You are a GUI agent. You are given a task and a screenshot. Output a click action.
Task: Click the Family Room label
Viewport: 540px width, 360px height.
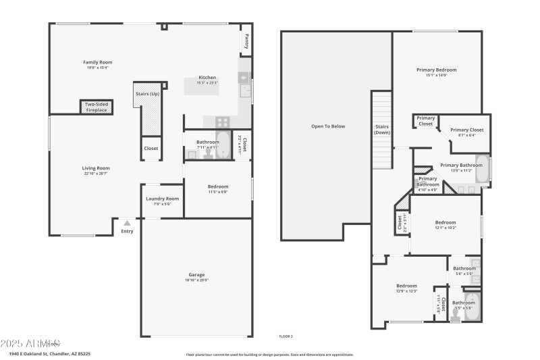click(x=97, y=62)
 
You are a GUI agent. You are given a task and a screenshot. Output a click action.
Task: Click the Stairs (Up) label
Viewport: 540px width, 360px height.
click(x=148, y=93)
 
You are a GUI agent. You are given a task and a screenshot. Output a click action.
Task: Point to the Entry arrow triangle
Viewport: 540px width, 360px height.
click(x=127, y=223)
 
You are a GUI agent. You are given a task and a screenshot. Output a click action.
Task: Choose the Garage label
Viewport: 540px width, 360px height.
click(x=196, y=274)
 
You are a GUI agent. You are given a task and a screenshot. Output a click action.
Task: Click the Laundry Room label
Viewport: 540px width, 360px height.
click(x=163, y=199)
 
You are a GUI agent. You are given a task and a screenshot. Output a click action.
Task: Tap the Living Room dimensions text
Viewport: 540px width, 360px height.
click(x=97, y=174)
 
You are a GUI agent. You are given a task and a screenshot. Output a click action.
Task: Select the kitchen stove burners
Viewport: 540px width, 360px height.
click(x=223, y=122)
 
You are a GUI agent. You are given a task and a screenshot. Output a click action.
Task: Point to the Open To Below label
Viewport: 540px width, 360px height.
click(x=328, y=126)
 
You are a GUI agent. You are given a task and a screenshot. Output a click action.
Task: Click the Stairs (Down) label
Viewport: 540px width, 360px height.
click(x=382, y=129)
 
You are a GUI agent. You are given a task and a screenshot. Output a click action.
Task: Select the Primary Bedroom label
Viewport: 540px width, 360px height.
click(x=436, y=70)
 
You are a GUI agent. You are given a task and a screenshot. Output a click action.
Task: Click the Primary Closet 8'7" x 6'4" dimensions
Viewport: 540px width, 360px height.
click(x=467, y=135)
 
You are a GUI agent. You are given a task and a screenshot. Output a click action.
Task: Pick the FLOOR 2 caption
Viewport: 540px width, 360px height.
click(x=286, y=336)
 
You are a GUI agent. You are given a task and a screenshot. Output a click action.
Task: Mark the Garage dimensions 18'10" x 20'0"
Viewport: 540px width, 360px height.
click(x=196, y=280)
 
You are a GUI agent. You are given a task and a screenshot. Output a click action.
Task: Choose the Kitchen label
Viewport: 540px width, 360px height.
click(x=207, y=77)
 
